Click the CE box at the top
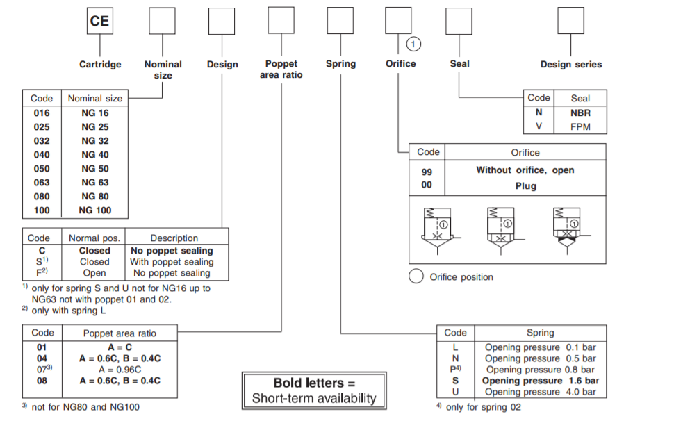99,21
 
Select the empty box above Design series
570,21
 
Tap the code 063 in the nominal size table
42,182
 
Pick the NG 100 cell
95,210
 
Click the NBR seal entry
580,113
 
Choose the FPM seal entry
580,126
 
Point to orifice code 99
427,170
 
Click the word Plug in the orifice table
525,186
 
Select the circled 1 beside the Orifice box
413,44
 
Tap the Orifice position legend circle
416,276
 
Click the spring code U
455,392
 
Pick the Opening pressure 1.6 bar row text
541,381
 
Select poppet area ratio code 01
42,347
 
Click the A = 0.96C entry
120,370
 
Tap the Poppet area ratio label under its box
281,69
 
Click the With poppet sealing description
172,262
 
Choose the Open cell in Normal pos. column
94,273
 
